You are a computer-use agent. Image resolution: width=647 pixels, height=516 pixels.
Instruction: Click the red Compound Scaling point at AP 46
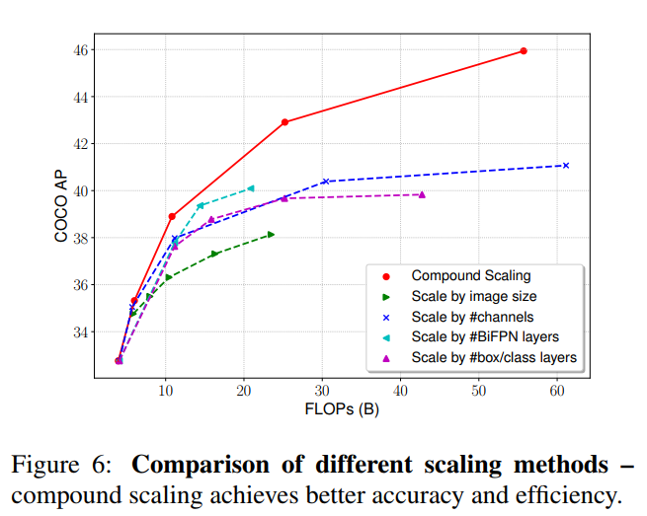pyautogui.click(x=524, y=50)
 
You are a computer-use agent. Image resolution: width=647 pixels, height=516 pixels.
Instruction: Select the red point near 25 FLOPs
pyautogui.click(x=284, y=122)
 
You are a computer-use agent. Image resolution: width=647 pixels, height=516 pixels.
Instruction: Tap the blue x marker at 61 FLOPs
pyautogui.click(x=566, y=165)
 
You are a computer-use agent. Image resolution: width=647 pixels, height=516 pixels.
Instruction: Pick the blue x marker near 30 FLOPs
pyautogui.click(x=326, y=182)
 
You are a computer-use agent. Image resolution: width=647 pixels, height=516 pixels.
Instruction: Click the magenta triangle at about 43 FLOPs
pyautogui.click(x=422, y=194)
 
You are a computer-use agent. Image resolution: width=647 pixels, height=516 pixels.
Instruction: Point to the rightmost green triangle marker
pyautogui.click(x=271, y=234)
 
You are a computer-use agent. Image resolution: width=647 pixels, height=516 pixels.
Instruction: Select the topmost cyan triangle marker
pyautogui.click(x=251, y=188)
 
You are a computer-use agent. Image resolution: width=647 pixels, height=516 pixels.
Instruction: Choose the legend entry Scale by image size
pyautogui.click(x=474, y=296)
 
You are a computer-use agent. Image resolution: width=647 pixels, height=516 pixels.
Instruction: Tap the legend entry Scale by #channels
pyautogui.click(x=472, y=317)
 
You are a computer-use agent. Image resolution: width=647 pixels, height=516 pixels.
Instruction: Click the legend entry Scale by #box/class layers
pyautogui.click(x=493, y=357)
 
